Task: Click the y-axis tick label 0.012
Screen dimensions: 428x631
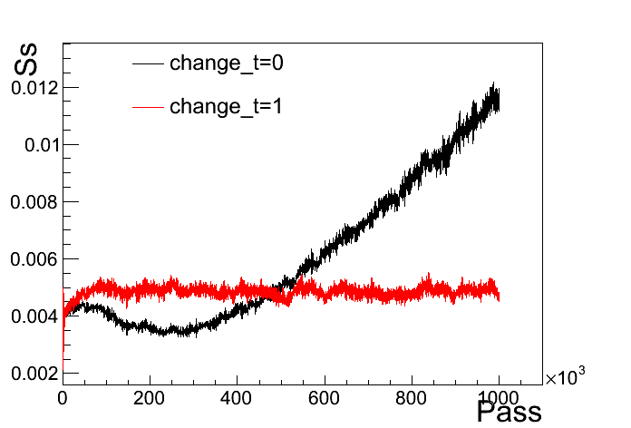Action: coord(34,88)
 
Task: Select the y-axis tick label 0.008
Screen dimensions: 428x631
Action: coord(34,202)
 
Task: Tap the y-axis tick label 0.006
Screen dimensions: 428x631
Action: coord(34,259)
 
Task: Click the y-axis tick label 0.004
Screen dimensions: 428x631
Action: coord(34,316)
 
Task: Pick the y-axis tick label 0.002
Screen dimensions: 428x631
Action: coord(34,374)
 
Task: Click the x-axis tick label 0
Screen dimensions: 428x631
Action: coord(63,396)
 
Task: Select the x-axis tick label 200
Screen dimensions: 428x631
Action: coord(150,396)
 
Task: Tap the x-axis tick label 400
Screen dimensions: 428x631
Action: coord(237,396)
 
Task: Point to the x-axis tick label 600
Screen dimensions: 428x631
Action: coord(324,396)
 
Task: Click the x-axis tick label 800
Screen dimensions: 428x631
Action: coord(412,396)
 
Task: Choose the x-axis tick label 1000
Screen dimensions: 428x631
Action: coord(499,396)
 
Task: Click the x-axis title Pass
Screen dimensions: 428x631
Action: coord(509,413)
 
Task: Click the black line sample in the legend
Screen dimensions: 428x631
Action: coord(148,64)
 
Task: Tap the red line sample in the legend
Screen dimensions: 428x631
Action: coord(148,107)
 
